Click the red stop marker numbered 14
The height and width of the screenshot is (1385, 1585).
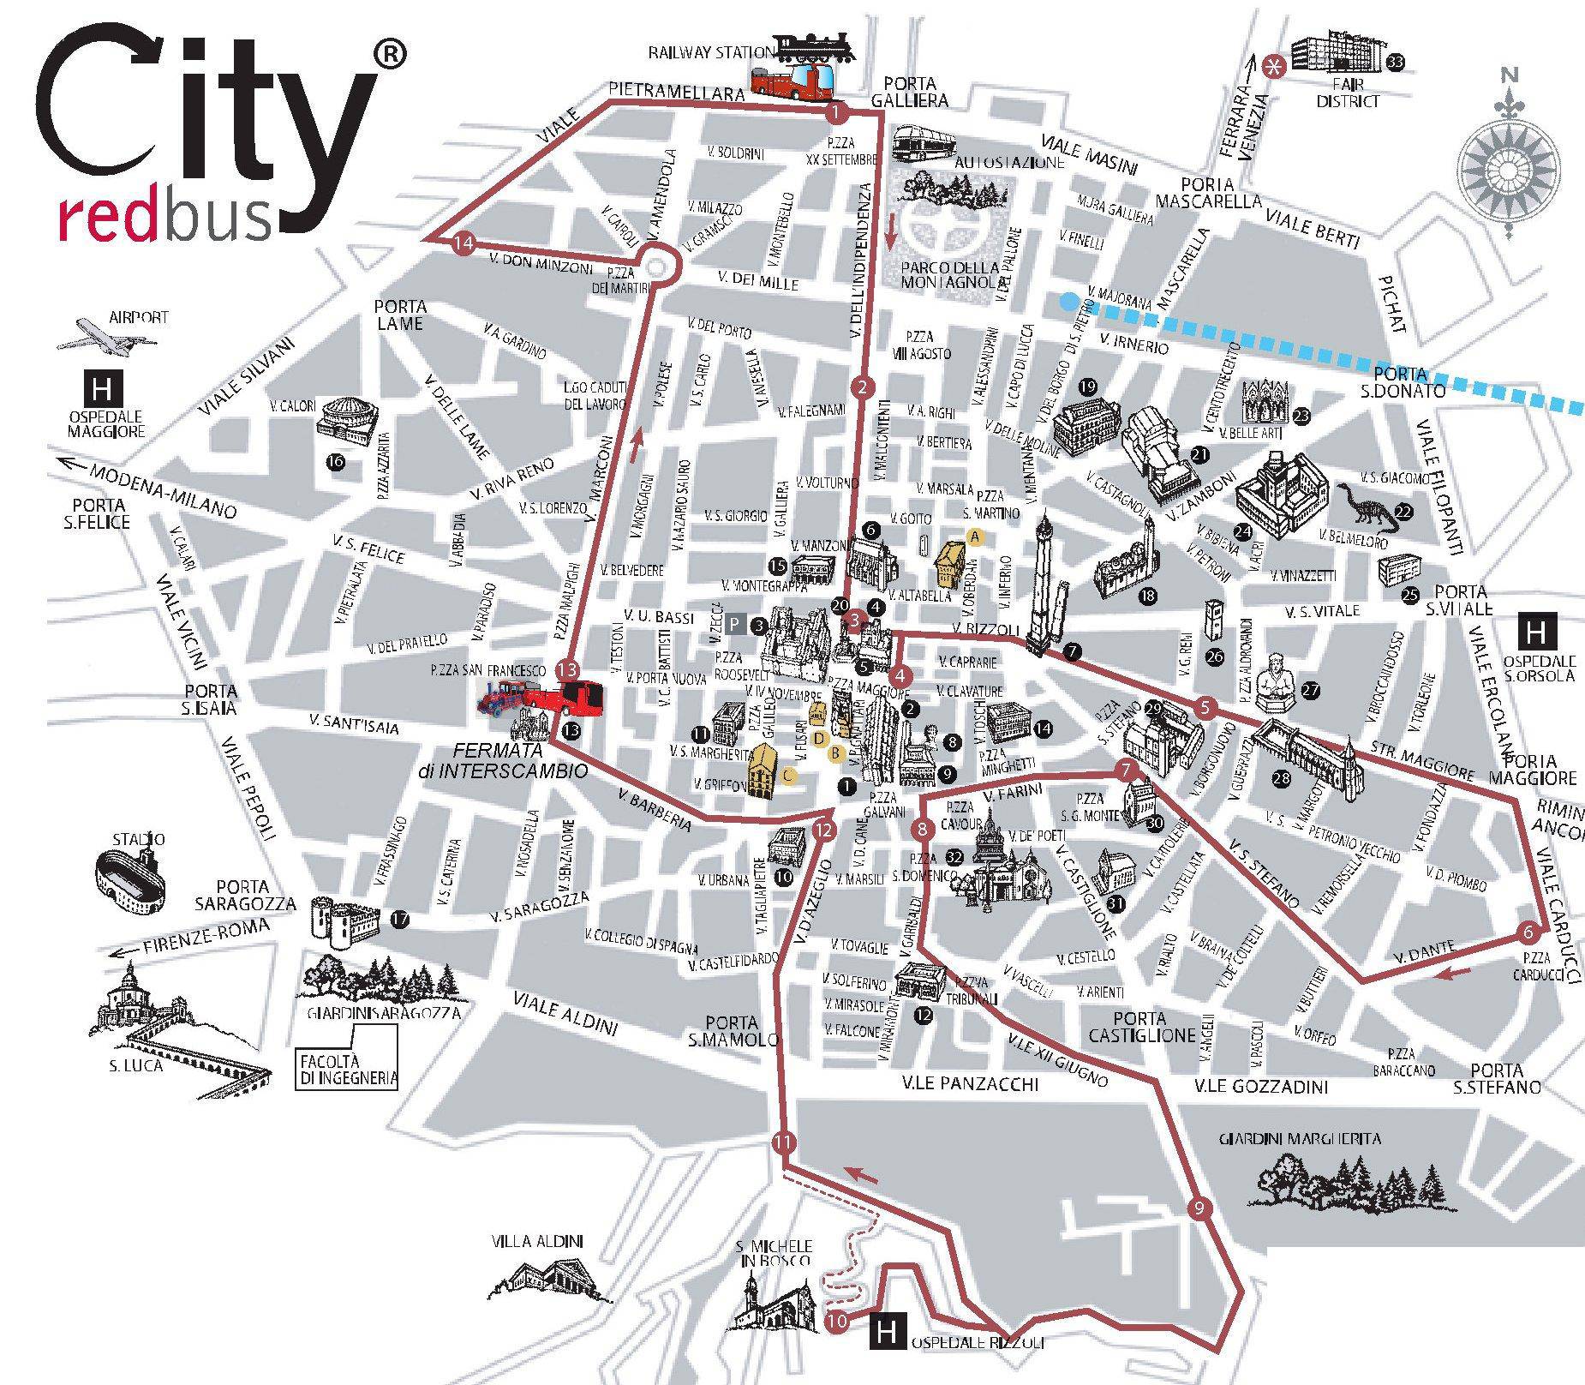click(x=464, y=243)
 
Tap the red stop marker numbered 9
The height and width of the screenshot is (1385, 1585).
click(x=1199, y=1209)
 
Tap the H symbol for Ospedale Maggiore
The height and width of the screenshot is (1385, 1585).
click(x=102, y=390)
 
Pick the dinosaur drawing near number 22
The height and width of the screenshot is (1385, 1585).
click(x=1363, y=507)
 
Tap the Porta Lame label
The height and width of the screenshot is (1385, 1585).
click(x=400, y=315)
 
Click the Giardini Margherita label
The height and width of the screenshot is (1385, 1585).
click(x=1300, y=1139)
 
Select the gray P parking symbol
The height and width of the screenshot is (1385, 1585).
click(x=734, y=625)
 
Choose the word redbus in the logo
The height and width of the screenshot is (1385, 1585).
click(x=165, y=219)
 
